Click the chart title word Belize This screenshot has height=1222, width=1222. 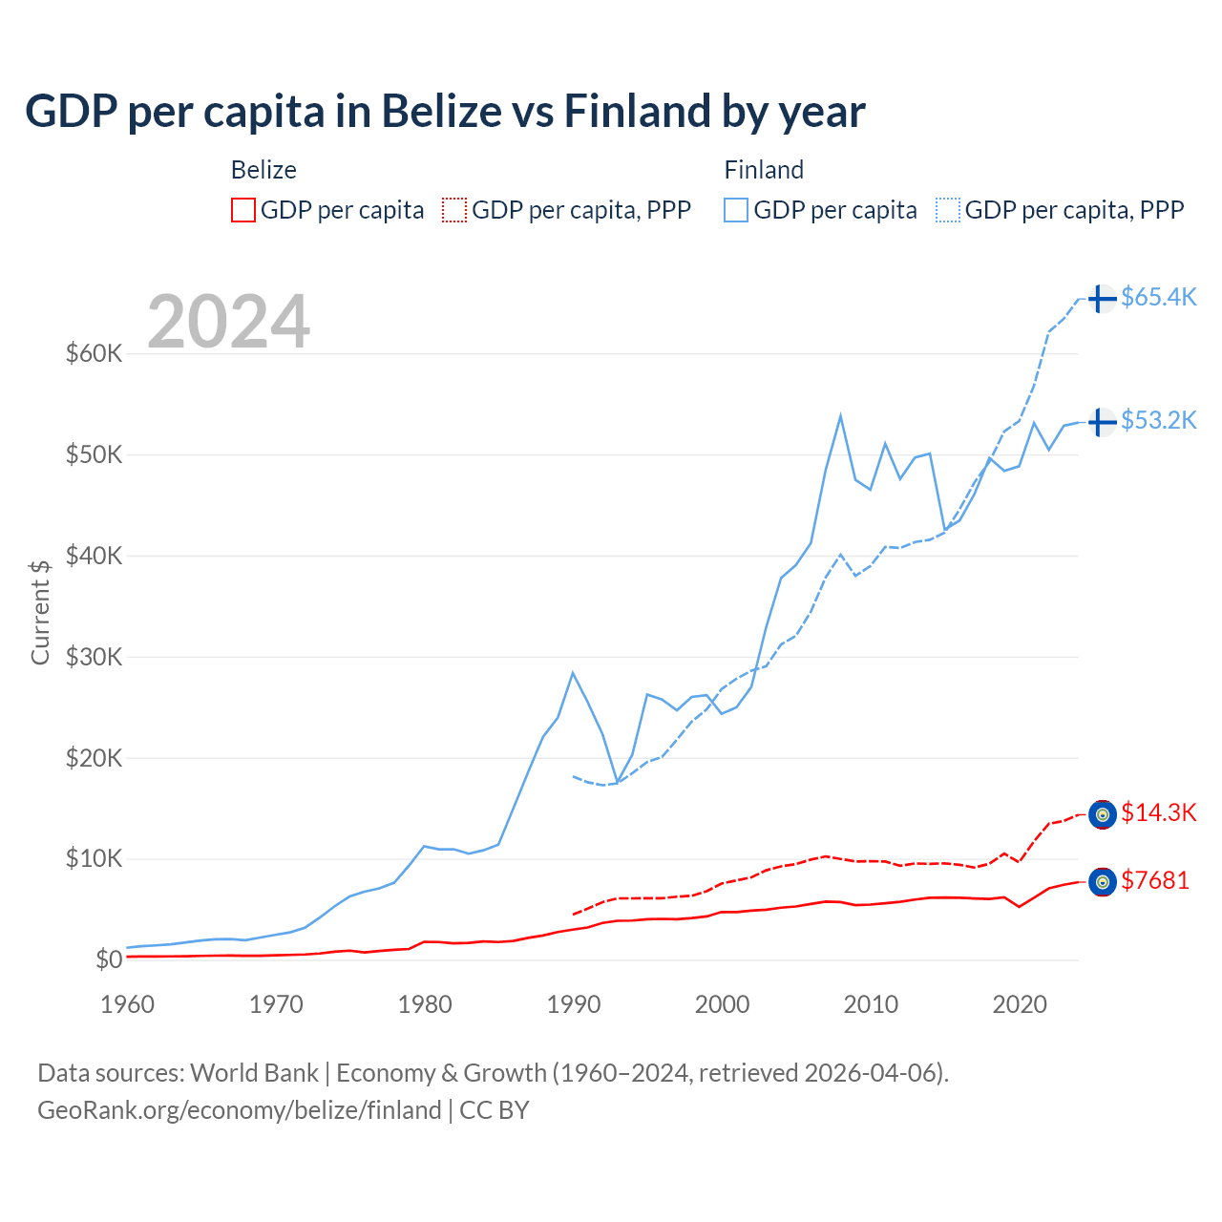tap(442, 111)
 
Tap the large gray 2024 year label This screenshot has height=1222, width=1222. tap(228, 322)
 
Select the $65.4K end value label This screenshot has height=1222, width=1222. tap(1158, 298)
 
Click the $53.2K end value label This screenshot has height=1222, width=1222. tap(1158, 421)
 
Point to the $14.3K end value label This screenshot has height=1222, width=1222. tap(1158, 813)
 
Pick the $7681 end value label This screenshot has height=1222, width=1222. tap(1155, 881)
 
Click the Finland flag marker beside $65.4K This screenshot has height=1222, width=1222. tap(1102, 299)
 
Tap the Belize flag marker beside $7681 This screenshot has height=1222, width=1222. tap(1102, 882)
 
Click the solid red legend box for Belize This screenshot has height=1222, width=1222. tap(243, 210)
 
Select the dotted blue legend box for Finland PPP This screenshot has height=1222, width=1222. tap(948, 210)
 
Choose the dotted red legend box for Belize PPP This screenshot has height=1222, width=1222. tap(454, 210)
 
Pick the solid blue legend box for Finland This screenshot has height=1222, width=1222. tap(736, 210)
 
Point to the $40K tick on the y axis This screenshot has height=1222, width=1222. tap(94, 556)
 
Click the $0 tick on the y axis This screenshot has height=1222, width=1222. tap(109, 959)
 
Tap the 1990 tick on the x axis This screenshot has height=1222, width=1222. tap(573, 1004)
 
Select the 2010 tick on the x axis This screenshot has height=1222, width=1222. tap(871, 1004)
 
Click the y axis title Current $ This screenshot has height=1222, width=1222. tap(40, 612)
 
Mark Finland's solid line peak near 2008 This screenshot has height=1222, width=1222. tap(840, 415)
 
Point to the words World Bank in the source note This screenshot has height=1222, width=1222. tap(254, 1073)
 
